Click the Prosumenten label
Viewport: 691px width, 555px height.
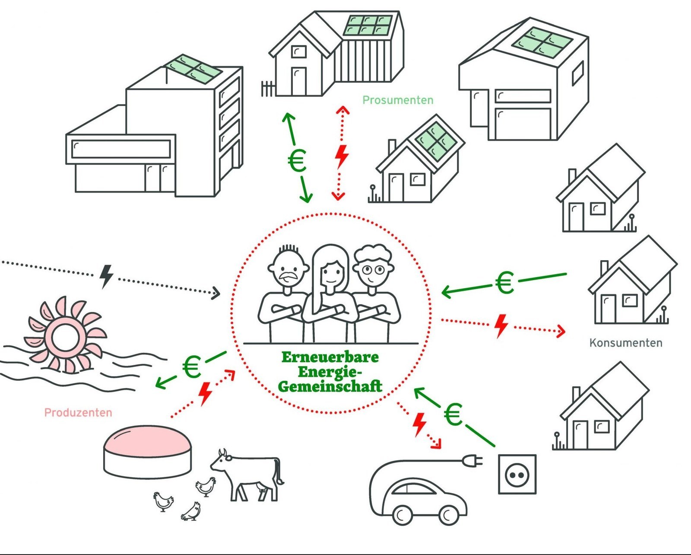(x=397, y=100)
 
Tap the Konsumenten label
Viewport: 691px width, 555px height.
(x=625, y=343)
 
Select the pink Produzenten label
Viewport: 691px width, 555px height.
(x=78, y=413)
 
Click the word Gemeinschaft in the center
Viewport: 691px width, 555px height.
(x=330, y=386)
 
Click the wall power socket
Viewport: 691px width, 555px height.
(x=517, y=474)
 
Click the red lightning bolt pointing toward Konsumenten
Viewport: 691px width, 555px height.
(x=501, y=325)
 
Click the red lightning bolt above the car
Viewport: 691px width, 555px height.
(x=418, y=424)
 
